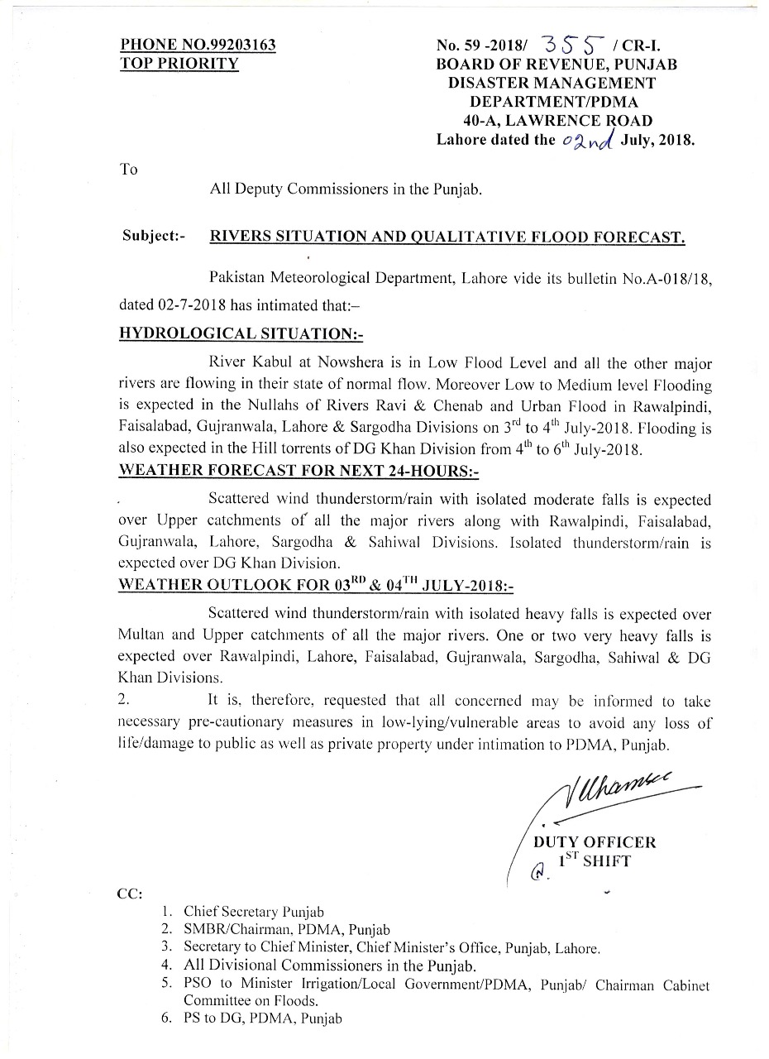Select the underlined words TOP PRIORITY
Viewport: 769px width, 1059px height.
tap(179, 64)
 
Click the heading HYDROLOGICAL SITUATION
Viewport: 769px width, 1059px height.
tap(241, 334)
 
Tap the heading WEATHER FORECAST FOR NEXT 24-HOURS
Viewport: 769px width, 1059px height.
tap(299, 471)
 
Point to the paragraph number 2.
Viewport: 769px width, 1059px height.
tap(124, 701)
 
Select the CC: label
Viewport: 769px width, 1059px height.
tap(131, 894)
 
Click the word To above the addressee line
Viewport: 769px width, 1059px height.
tap(128, 169)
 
